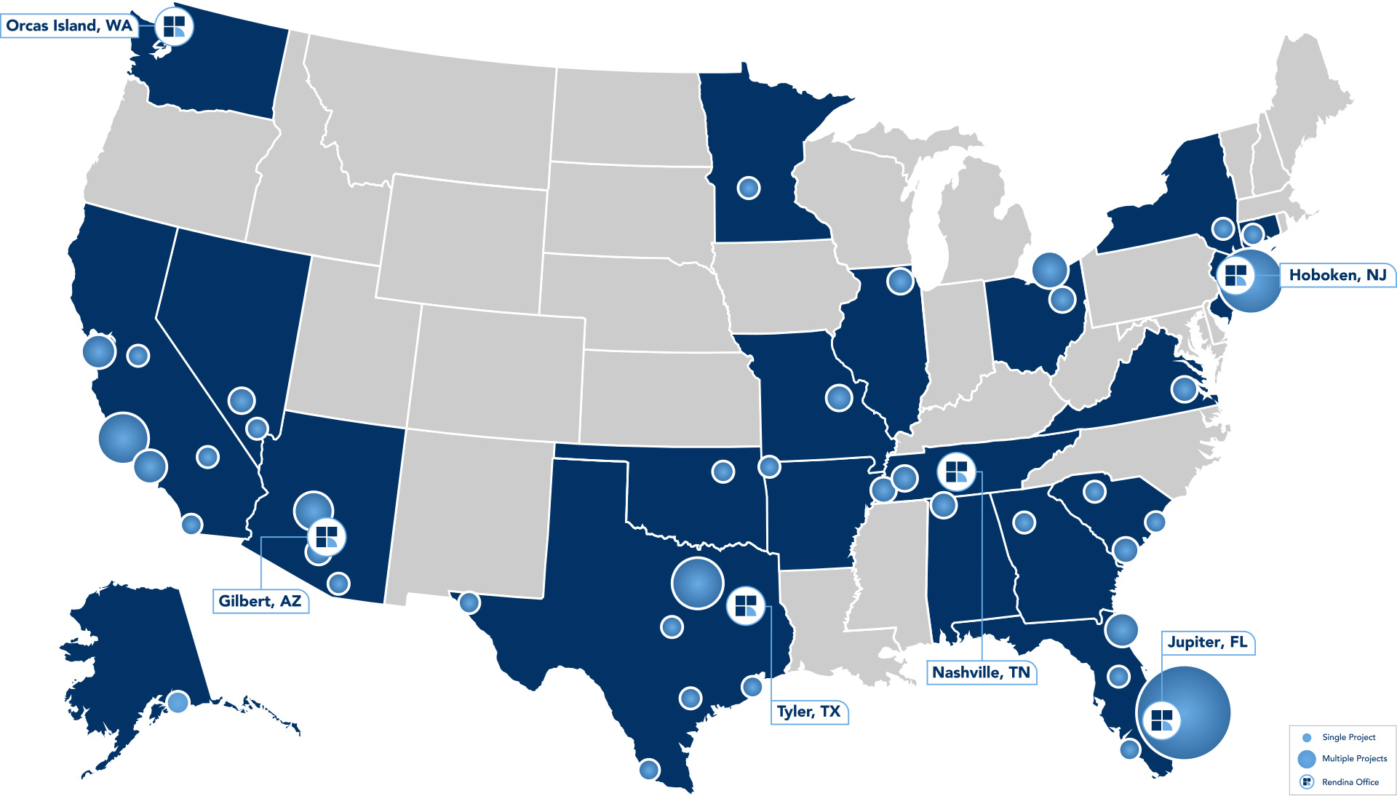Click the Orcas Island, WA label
tap(69, 26)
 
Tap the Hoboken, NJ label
tap(1337, 275)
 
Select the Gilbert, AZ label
tap(260, 601)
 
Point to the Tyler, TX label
tap(808, 712)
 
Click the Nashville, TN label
tap(981, 672)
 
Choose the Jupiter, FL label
tap(1207, 642)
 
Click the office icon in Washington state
tap(174, 27)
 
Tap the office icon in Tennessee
tap(956, 471)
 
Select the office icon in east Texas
tap(746, 605)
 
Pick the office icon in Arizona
tap(327, 538)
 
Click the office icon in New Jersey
tap(1235, 276)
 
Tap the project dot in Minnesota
tap(749, 188)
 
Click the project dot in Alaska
tap(178, 702)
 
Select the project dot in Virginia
tap(1184, 389)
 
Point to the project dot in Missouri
tap(838, 397)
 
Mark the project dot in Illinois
tap(900, 280)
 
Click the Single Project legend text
tap(1348, 737)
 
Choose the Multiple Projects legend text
tap(1354, 758)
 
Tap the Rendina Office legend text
tap(1350, 782)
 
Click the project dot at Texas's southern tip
tap(649, 769)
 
